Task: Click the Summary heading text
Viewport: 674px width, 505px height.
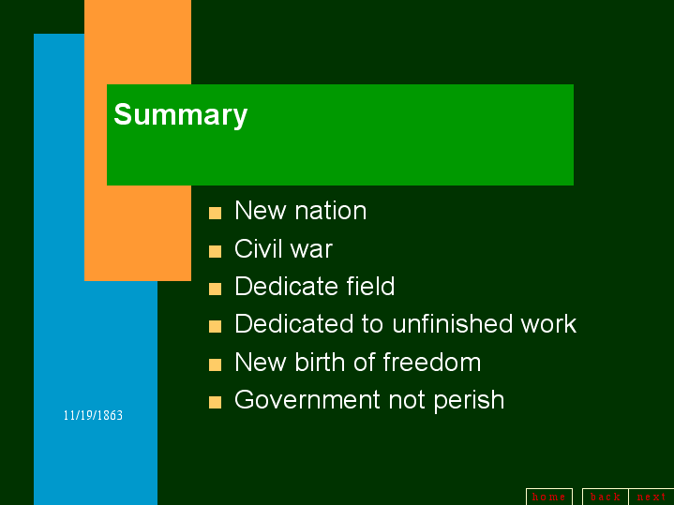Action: (180, 115)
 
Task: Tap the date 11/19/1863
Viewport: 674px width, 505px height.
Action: (93, 415)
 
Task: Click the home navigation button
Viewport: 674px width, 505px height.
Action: (548, 497)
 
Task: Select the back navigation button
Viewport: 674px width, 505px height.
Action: (605, 497)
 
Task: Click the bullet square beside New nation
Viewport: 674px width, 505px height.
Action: (215, 213)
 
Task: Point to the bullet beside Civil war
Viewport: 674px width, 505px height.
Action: (215, 251)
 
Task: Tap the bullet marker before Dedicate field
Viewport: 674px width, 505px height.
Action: (215, 289)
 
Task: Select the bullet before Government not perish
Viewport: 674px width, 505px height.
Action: (215, 402)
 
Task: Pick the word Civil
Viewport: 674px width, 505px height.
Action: (258, 248)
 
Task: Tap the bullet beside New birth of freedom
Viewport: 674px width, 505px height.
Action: (215, 364)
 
